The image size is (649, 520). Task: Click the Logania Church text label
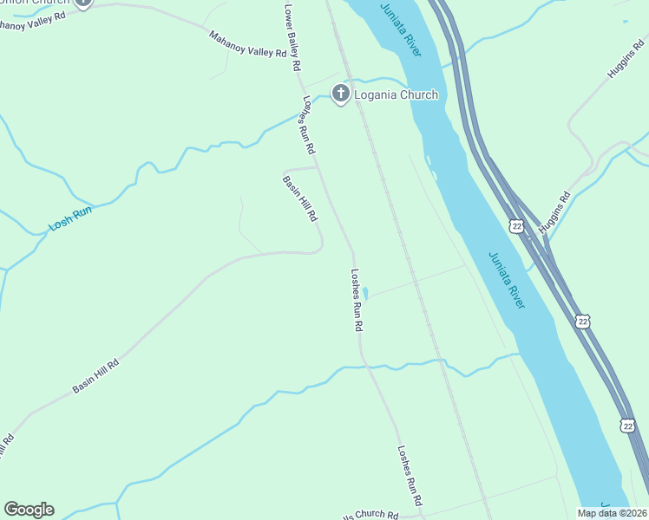point(396,94)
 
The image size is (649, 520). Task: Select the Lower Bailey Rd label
point(292,37)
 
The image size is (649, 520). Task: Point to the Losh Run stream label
point(69,218)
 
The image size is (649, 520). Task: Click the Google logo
point(29,510)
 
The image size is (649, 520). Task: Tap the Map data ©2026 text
point(613,513)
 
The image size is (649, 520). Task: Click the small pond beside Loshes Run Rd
point(366,293)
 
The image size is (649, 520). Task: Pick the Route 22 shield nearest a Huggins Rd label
point(517,226)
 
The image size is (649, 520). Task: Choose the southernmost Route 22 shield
point(627,425)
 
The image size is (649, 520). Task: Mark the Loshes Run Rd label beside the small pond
point(356,301)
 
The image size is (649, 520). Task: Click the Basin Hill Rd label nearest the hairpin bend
point(299,198)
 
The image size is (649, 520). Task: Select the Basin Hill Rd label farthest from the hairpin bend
point(95,374)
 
